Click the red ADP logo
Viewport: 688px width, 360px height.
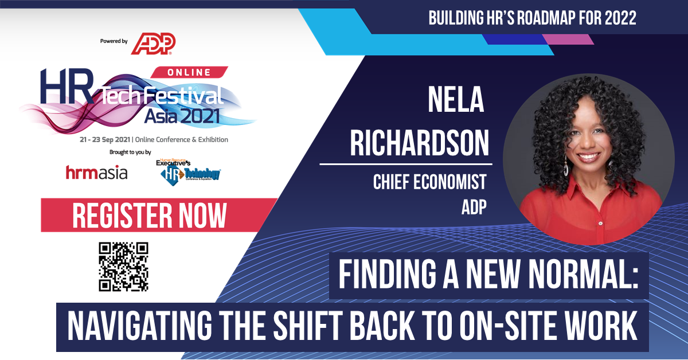coord(153,44)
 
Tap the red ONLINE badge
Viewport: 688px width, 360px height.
coord(189,72)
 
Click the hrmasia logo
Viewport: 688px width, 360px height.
coord(96,173)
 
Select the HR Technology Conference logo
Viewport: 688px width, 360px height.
coord(189,172)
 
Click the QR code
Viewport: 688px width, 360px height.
coord(123,267)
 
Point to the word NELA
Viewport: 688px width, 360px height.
coord(456,100)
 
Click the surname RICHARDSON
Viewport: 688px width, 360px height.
coord(419,143)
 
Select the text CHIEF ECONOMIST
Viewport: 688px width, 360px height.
coord(429,182)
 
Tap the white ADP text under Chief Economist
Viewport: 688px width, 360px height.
coord(474,207)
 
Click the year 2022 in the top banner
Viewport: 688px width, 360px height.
coord(620,18)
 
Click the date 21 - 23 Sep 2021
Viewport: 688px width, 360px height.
coord(105,140)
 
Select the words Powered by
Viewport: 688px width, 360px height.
coord(114,41)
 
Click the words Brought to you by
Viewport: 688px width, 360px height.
coord(130,152)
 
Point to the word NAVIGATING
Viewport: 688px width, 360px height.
coord(140,326)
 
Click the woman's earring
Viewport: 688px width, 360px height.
coord(565,166)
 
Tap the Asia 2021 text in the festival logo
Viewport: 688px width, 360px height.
coord(182,116)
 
